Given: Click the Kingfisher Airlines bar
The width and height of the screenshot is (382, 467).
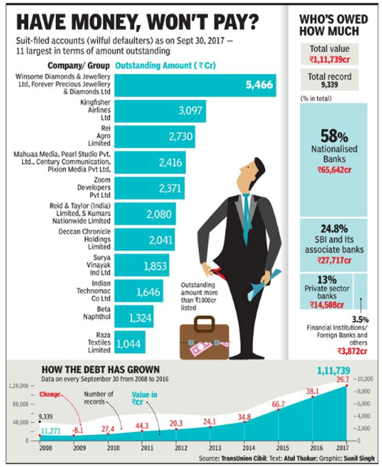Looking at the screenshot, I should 159,111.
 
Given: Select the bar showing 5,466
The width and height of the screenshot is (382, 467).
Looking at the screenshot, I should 195,85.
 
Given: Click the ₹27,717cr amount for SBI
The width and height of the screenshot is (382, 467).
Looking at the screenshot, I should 333,262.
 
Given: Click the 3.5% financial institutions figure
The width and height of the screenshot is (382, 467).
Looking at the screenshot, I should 360,319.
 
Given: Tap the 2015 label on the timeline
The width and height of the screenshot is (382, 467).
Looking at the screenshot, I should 279,447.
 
